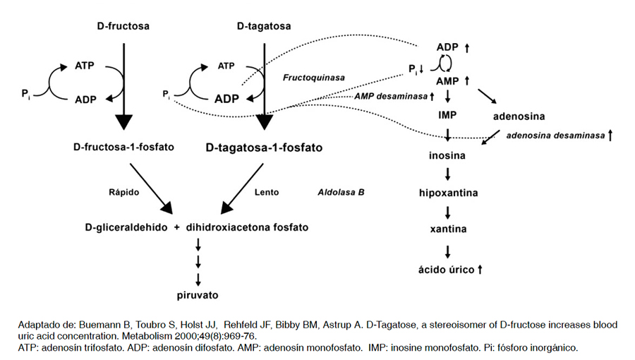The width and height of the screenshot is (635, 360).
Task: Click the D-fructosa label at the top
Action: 123,27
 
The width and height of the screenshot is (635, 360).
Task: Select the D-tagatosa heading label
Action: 265,27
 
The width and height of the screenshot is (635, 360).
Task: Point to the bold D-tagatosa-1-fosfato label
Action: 264,148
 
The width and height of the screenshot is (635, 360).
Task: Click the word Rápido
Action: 125,191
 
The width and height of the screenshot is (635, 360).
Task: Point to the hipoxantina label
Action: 447,192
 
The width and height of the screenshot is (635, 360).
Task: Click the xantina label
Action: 448,229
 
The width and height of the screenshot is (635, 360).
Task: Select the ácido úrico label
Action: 445,269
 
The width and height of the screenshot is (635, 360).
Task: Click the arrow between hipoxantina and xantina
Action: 448,211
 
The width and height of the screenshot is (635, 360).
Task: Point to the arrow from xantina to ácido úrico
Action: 448,249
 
